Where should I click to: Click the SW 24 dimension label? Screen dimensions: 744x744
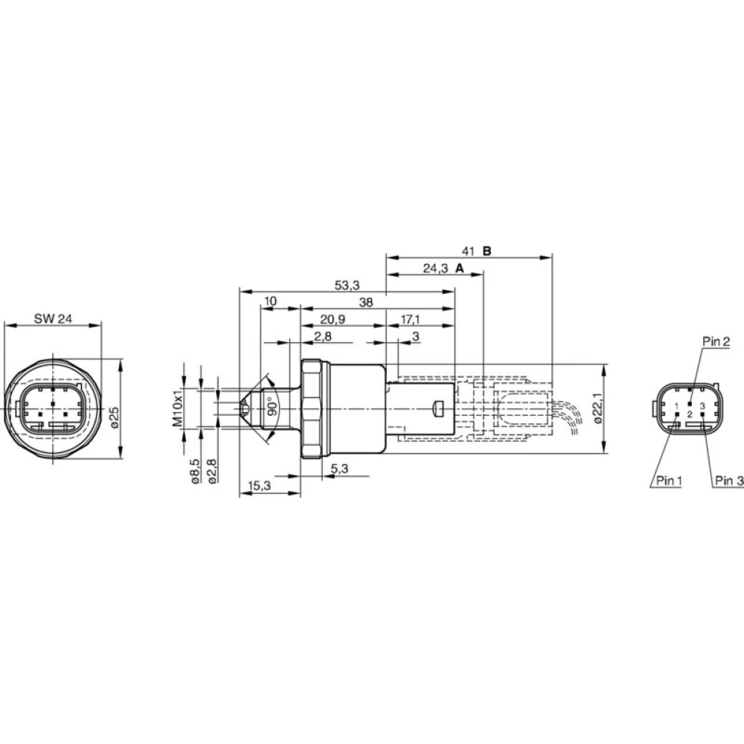pyautogui.click(x=53, y=318)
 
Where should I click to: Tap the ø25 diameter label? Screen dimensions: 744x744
pyautogui.click(x=115, y=417)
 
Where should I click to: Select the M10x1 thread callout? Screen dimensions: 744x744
pyautogui.click(x=177, y=408)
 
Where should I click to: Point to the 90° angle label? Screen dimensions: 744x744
pyautogui.click(x=272, y=408)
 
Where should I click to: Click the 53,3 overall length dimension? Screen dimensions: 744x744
pyautogui.click(x=347, y=285)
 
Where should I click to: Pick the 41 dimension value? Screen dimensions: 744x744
pyautogui.click(x=468, y=251)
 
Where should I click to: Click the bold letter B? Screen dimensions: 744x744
pyautogui.click(x=487, y=251)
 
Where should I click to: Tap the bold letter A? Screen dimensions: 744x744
pyautogui.click(x=459, y=269)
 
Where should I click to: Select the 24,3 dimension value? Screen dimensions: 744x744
pyautogui.click(x=435, y=269)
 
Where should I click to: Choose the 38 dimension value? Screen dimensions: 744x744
pyautogui.click(x=366, y=302)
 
